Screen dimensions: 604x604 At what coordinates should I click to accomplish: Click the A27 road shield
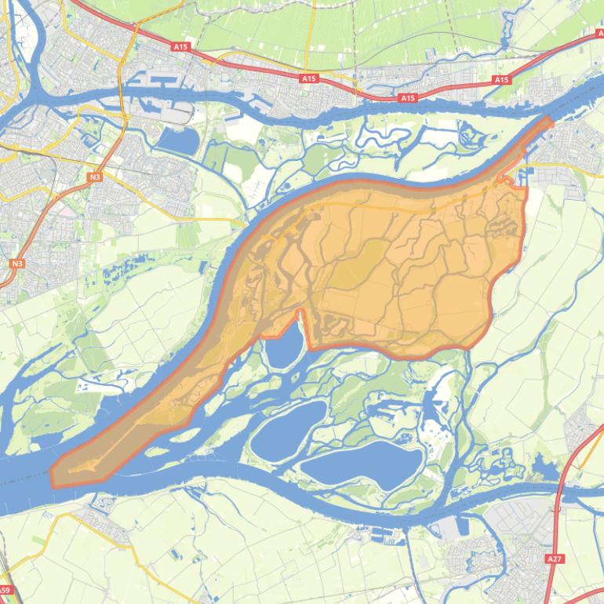coord(555,559)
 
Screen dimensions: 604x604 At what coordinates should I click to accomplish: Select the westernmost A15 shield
coord(181,47)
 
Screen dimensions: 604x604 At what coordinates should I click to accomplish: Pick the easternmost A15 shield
coord(501,80)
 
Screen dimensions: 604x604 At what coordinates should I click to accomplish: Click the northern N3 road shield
coord(95,177)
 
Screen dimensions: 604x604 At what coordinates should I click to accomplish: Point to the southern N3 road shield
coord(16,264)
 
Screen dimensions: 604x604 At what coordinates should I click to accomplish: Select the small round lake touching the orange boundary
coord(283,346)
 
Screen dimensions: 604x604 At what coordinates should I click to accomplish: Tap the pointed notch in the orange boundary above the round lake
coord(299,311)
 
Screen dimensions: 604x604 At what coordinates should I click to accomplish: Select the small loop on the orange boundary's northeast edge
coord(506,181)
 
